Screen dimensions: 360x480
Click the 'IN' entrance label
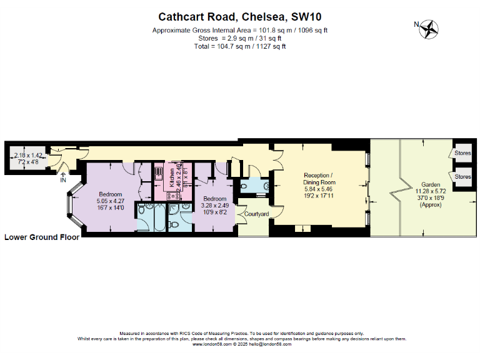[x=62, y=181]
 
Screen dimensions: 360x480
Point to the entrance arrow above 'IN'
[x=62, y=172]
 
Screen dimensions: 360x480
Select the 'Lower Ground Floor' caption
[x=41, y=237]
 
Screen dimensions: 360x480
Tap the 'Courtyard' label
[x=256, y=214]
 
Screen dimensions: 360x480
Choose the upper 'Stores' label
[x=462, y=153]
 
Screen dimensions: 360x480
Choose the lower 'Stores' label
[x=462, y=177]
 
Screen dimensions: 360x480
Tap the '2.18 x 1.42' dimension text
[x=28, y=155]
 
